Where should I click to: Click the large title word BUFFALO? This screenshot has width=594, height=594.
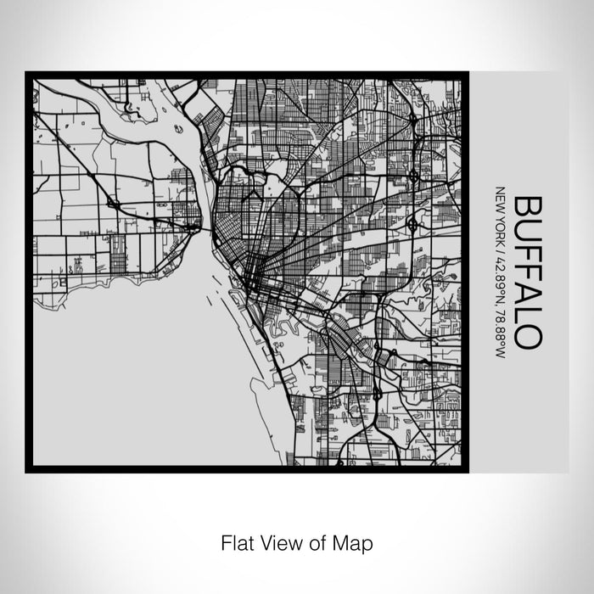[x=528, y=272]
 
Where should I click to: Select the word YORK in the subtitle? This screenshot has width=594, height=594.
[x=500, y=222]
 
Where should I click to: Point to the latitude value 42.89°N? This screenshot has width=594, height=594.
[x=500, y=269]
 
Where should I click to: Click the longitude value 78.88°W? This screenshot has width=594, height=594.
[x=500, y=317]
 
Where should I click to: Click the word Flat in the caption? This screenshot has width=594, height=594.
[x=238, y=541]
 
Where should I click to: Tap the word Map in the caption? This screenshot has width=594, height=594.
[x=355, y=541]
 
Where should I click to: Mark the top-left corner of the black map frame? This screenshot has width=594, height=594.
[x=28, y=74]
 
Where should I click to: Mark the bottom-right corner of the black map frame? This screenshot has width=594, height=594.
[x=465, y=469]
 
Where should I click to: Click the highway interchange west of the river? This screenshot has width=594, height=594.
[x=113, y=204]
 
